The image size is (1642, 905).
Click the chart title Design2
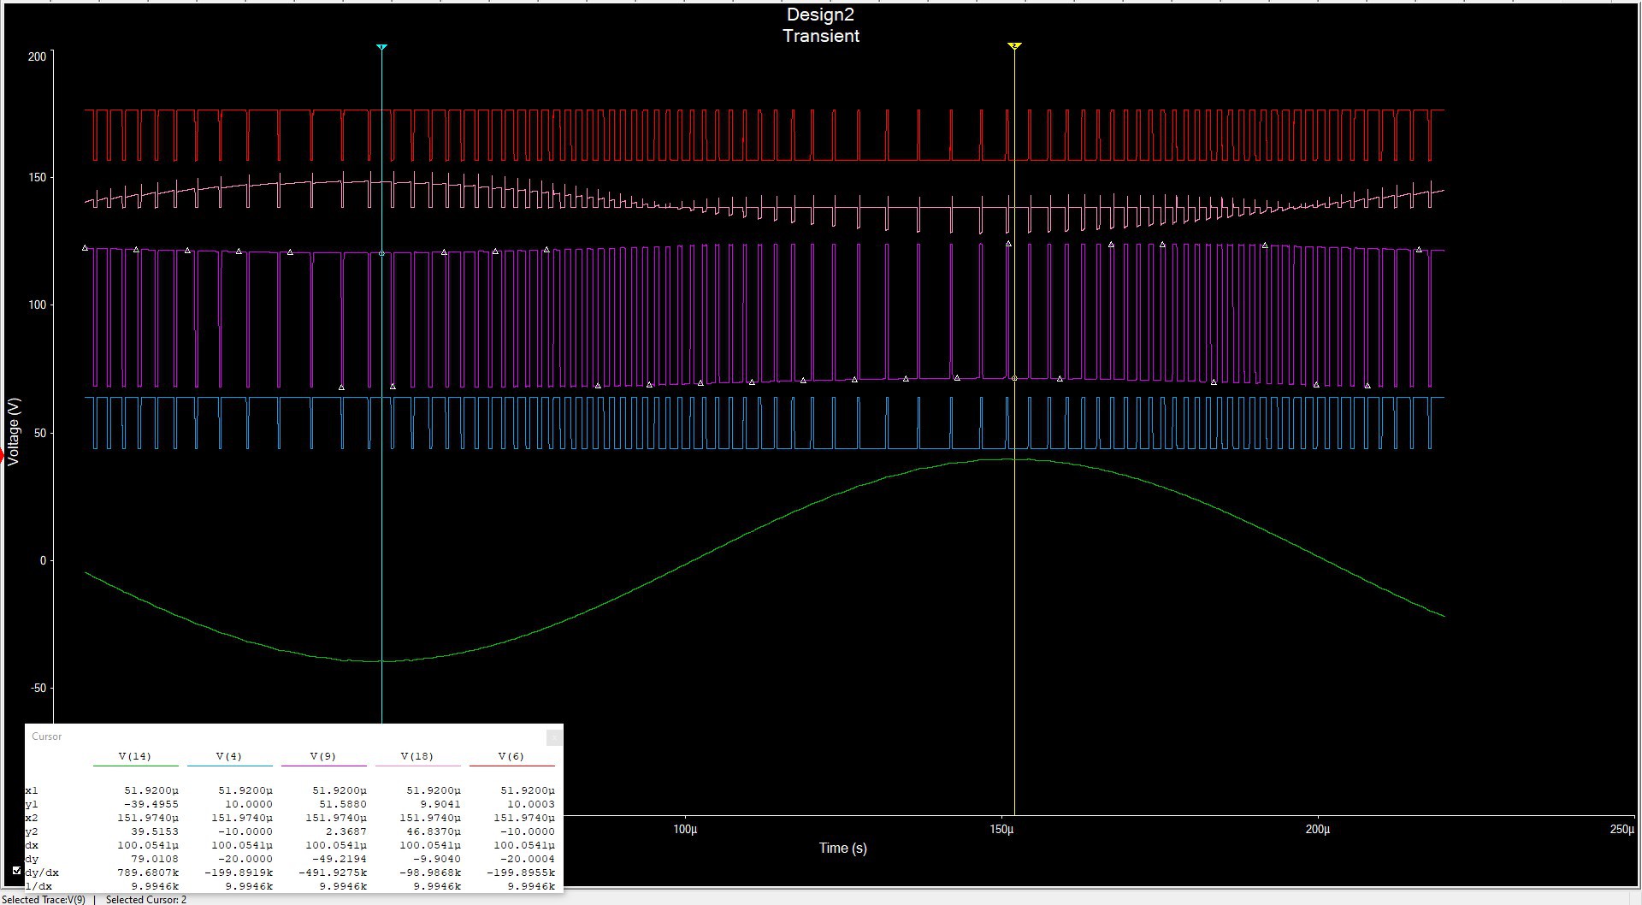819,15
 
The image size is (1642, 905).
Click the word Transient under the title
820,36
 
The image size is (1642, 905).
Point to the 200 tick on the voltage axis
37,56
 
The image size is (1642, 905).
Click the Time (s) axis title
842,848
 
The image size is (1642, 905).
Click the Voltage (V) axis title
13,431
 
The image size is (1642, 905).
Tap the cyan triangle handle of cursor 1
381,47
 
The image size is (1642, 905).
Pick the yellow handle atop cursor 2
1014,46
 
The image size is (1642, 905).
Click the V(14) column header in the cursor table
134,756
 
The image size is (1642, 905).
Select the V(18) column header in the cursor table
416,756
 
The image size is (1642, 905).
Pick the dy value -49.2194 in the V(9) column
342,859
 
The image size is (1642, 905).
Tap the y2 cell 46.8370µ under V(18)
436,831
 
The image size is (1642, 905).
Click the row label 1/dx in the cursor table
38,886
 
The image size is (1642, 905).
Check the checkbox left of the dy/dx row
17,871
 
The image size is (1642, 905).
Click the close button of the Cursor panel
553,736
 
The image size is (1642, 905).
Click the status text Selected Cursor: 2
145,900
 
